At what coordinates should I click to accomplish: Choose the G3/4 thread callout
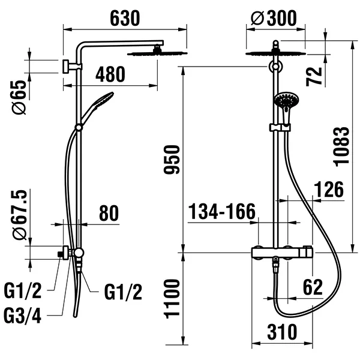coord(23,314)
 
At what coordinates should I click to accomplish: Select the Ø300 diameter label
coord(274,18)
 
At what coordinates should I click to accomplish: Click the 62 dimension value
coord(313,287)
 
